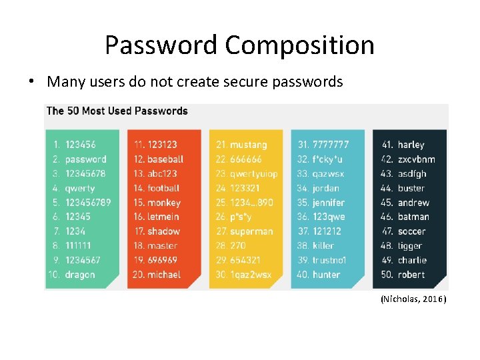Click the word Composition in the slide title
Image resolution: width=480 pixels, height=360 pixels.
[299, 45]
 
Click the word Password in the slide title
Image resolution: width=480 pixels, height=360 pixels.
[161, 45]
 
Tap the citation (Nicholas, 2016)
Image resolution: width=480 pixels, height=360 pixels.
[413, 299]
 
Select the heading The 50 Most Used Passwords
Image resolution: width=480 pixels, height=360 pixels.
[117, 111]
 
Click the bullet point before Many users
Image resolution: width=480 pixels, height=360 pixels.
[31, 82]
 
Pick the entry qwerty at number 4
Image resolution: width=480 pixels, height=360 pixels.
[79, 188]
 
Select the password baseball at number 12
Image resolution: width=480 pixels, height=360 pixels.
[165, 159]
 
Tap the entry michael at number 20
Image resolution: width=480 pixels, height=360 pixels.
[164, 275]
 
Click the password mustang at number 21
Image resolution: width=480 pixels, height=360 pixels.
[248, 145]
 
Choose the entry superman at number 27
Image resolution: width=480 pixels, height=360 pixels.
[251, 231]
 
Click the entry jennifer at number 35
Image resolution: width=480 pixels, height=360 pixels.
[329, 203]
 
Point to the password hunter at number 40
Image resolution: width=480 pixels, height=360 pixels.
[326, 275]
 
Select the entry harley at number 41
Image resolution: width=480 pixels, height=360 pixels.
[411, 145]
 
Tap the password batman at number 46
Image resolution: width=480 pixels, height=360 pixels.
[413, 217]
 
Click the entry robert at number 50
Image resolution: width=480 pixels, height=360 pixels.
[411, 275]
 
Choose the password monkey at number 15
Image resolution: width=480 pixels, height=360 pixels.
[164, 203]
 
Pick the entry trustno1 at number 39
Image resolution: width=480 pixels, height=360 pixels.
[330, 260]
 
